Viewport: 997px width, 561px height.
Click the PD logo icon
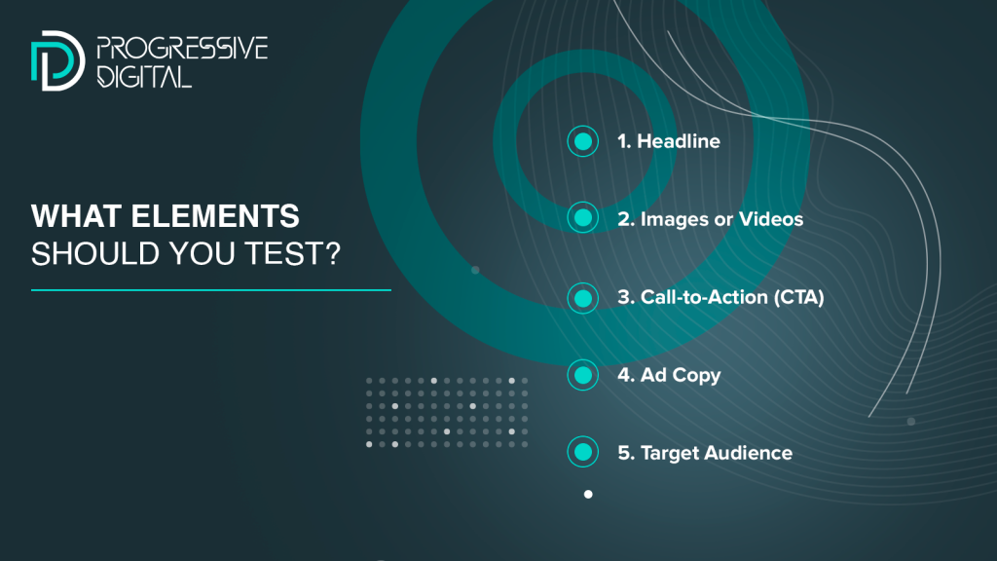tap(57, 60)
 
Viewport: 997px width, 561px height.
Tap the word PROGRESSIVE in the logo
tap(182, 49)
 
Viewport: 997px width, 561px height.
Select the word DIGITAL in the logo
tap(144, 76)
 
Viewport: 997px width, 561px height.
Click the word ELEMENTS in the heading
tap(215, 216)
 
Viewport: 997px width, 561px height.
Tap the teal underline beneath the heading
tap(211, 290)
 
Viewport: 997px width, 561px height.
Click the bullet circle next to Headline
tap(582, 141)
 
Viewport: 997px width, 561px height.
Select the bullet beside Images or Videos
tap(582, 218)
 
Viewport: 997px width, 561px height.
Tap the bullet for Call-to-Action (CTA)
tap(582, 298)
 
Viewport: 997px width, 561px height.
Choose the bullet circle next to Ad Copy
tap(582, 375)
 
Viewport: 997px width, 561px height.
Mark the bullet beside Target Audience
tap(582, 452)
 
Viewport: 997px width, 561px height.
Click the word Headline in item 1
tap(679, 141)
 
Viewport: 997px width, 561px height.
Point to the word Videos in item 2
tap(771, 219)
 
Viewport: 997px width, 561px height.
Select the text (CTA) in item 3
tap(798, 297)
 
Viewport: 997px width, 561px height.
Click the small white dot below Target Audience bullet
tap(588, 494)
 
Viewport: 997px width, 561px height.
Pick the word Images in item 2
tap(674, 220)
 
